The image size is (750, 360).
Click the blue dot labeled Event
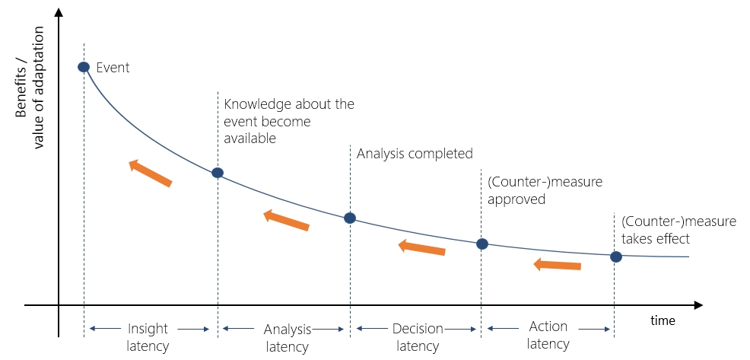click(x=84, y=66)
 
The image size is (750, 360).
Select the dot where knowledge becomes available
click(x=218, y=173)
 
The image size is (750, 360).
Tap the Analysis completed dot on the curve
click(x=350, y=218)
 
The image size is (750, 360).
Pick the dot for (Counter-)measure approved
click(x=482, y=244)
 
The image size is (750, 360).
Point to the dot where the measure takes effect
click(x=616, y=256)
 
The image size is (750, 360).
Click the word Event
click(x=113, y=68)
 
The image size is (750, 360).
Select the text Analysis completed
click(x=415, y=154)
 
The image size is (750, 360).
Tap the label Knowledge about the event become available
click(x=289, y=121)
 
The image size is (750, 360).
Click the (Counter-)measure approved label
click(x=545, y=190)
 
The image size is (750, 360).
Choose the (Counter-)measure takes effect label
click(x=678, y=230)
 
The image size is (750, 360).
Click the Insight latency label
click(x=148, y=337)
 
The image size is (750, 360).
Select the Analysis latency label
click(x=288, y=338)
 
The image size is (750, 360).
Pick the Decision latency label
click(x=418, y=337)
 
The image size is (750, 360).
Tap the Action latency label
click(x=548, y=335)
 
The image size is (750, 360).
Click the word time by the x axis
click(x=663, y=320)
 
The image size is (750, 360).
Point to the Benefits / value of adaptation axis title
click(x=30, y=87)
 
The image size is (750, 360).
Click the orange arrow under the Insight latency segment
click(x=150, y=173)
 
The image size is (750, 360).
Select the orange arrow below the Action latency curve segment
click(x=558, y=264)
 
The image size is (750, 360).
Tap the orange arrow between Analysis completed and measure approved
click(x=422, y=247)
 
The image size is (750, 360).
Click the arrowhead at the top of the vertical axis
click(x=59, y=10)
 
